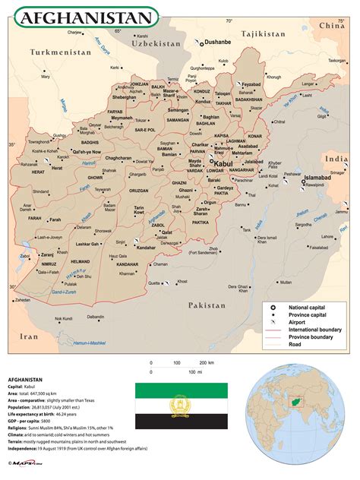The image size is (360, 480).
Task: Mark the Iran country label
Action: [28, 336]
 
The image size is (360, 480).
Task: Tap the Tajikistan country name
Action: [264, 34]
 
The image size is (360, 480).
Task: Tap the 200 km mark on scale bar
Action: [203, 363]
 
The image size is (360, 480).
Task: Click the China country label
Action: [331, 25]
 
